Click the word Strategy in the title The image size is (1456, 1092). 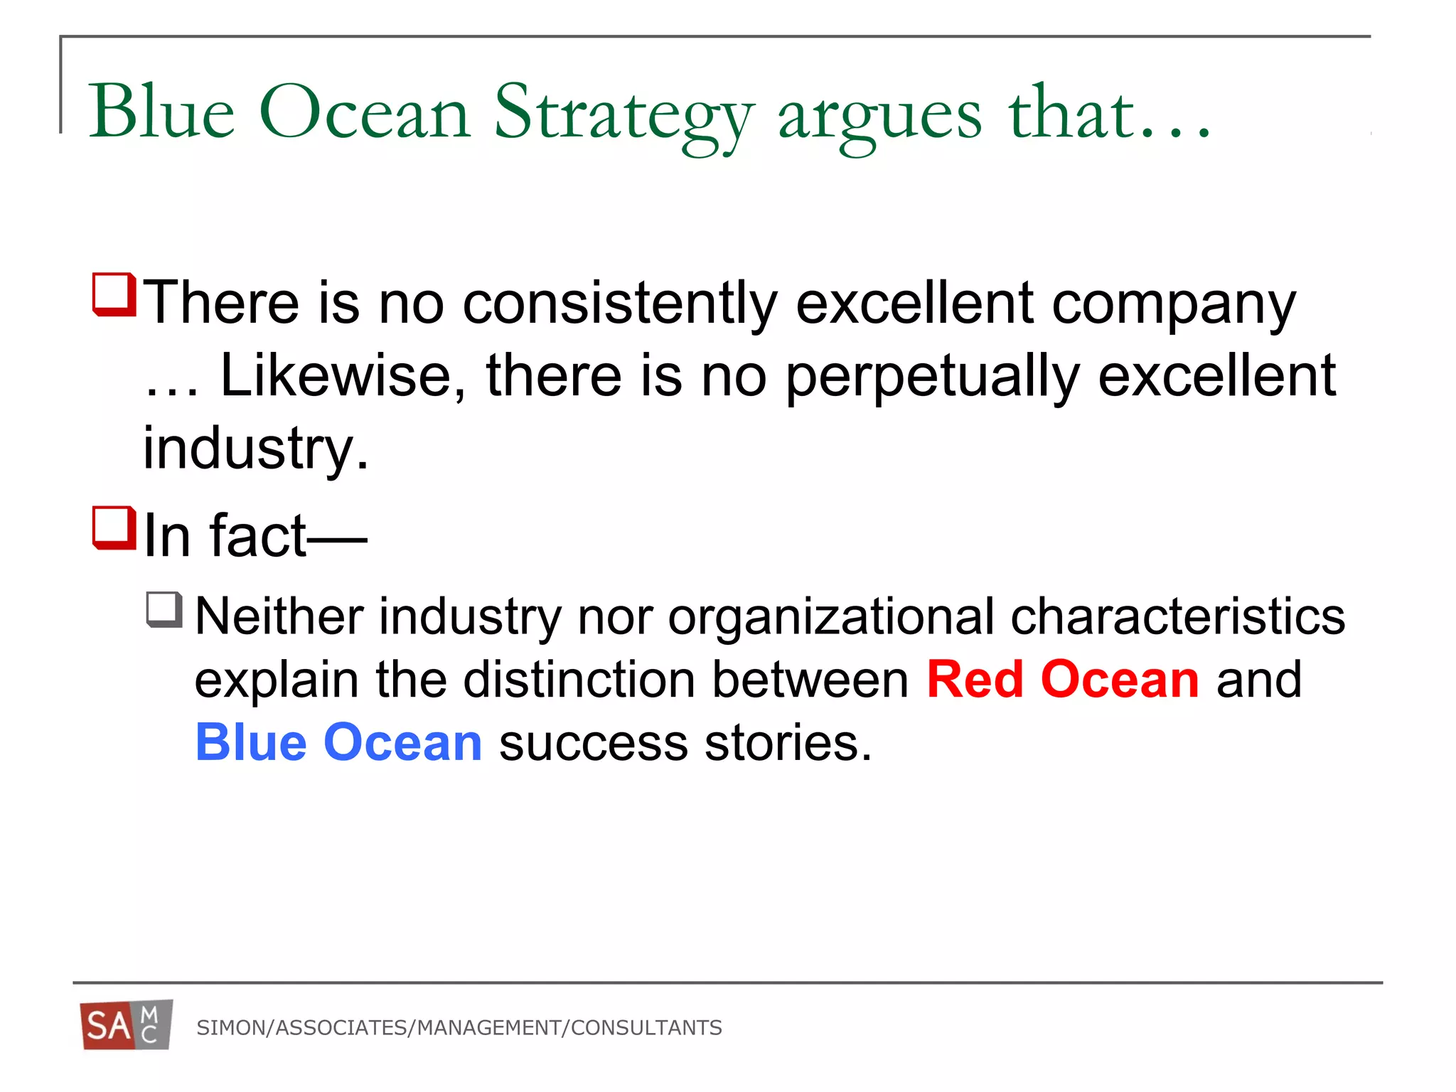(623, 114)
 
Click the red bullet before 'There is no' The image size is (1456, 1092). (114, 294)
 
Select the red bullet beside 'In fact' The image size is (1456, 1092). (114, 527)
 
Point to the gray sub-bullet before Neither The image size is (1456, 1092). (164, 609)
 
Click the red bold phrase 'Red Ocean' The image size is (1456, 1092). (1063, 680)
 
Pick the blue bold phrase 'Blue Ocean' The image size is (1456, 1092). (338, 742)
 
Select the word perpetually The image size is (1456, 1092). (932, 377)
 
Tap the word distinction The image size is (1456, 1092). (579, 680)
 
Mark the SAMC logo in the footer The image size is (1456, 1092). (127, 1025)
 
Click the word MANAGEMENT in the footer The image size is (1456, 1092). (489, 1028)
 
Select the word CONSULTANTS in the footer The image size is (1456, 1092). (646, 1028)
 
